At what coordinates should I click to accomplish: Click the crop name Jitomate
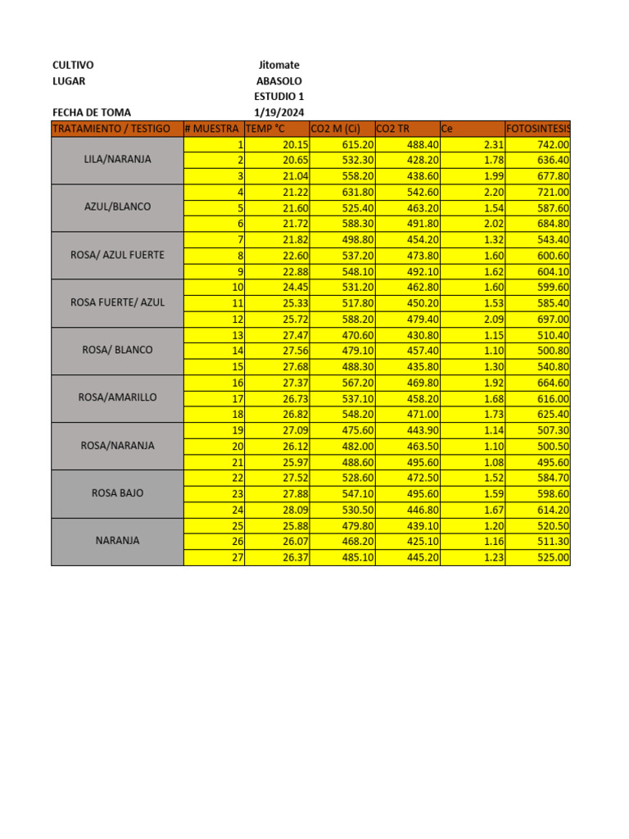(x=278, y=65)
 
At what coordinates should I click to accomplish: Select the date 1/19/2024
(x=278, y=112)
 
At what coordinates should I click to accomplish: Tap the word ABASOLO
(x=278, y=81)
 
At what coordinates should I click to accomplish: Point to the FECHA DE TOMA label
(x=91, y=112)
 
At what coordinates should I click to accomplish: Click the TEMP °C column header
(x=265, y=129)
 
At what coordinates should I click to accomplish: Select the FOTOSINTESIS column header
(x=538, y=129)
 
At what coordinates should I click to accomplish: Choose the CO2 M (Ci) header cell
(x=336, y=129)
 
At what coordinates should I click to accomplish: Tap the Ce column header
(x=447, y=129)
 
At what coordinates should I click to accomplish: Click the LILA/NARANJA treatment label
(x=117, y=160)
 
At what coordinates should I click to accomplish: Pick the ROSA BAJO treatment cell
(x=117, y=493)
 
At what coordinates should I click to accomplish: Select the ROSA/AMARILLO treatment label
(x=117, y=397)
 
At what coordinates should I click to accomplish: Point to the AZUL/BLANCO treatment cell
(x=117, y=207)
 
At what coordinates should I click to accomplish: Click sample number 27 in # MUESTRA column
(x=238, y=557)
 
